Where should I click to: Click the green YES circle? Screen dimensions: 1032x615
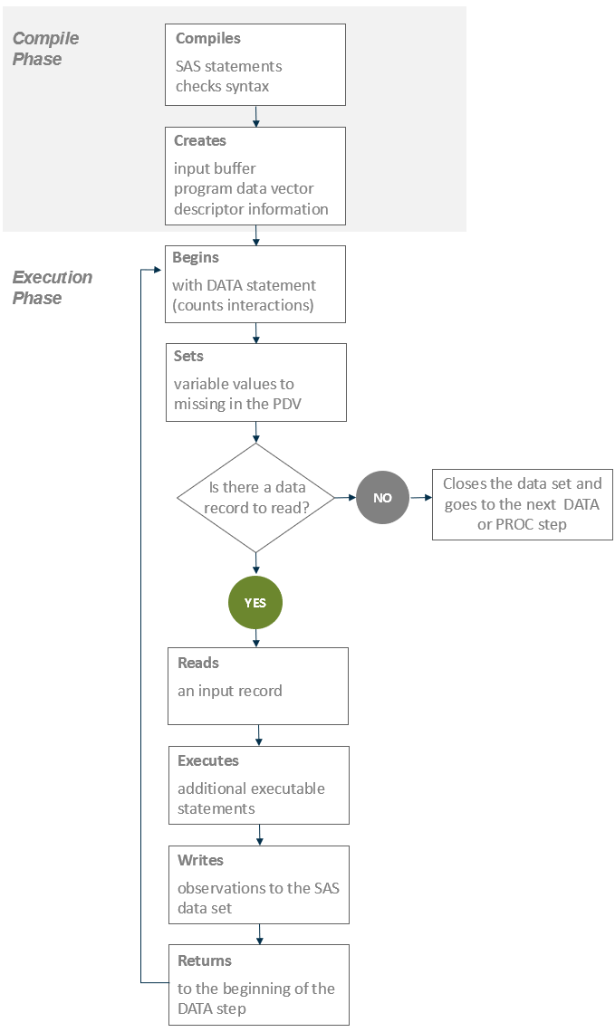(x=255, y=602)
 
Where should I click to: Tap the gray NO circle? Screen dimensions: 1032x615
(x=382, y=497)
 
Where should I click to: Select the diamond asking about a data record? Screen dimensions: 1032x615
(x=256, y=497)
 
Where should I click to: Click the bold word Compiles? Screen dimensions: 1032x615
(x=208, y=39)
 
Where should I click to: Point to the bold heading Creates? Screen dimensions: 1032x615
(x=200, y=141)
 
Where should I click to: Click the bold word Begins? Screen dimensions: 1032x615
(x=196, y=258)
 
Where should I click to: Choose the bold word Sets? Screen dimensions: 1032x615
(x=189, y=356)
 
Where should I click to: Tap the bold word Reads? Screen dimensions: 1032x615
(x=198, y=663)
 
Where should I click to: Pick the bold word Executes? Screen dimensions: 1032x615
(x=208, y=760)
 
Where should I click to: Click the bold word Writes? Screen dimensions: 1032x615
(x=200, y=860)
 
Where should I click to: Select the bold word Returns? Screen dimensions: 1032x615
(x=205, y=960)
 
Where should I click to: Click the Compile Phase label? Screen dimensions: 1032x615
(x=45, y=49)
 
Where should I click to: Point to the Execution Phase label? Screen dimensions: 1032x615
(x=52, y=287)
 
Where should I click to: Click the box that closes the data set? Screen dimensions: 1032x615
(x=522, y=504)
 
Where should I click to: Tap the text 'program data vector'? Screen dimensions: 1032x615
(x=244, y=188)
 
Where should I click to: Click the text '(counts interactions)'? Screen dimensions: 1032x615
(x=243, y=305)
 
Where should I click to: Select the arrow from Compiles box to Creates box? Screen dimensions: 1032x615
(x=256, y=116)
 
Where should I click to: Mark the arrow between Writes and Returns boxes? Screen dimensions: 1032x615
(x=260, y=934)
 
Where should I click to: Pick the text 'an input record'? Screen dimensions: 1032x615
(x=230, y=691)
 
